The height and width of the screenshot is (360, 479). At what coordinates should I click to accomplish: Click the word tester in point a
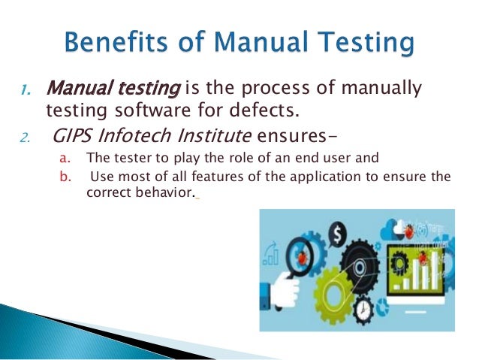pyautogui.click(x=125, y=159)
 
